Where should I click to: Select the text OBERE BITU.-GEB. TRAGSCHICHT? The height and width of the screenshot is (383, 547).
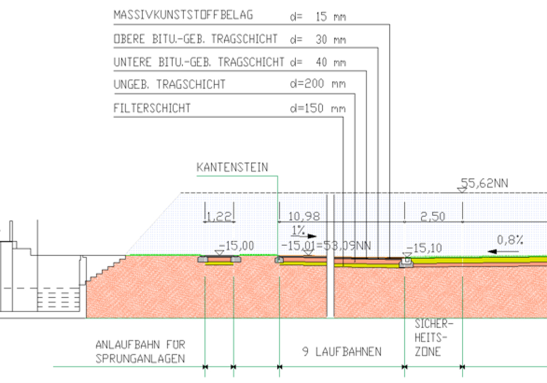click(x=195, y=39)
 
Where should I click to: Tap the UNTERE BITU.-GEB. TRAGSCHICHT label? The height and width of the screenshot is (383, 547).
click(x=199, y=62)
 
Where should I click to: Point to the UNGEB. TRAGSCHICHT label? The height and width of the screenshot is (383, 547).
click(x=169, y=84)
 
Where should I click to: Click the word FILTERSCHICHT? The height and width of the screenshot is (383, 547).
click(x=152, y=109)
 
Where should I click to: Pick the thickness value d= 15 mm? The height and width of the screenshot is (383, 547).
click(x=318, y=17)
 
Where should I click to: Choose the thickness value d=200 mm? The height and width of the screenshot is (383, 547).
click(x=318, y=84)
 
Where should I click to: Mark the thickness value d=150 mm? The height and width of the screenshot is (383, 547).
click(x=318, y=109)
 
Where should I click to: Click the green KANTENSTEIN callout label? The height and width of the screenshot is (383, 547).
click(x=232, y=167)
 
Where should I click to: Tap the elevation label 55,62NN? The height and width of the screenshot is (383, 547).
click(x=484, y=183)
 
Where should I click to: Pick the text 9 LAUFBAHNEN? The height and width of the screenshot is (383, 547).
click(x=341, y=352)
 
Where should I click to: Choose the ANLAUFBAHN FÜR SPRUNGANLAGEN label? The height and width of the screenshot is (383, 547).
click(x=140, y=351)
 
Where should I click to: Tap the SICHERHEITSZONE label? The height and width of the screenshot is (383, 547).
click(x=433, y=338)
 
